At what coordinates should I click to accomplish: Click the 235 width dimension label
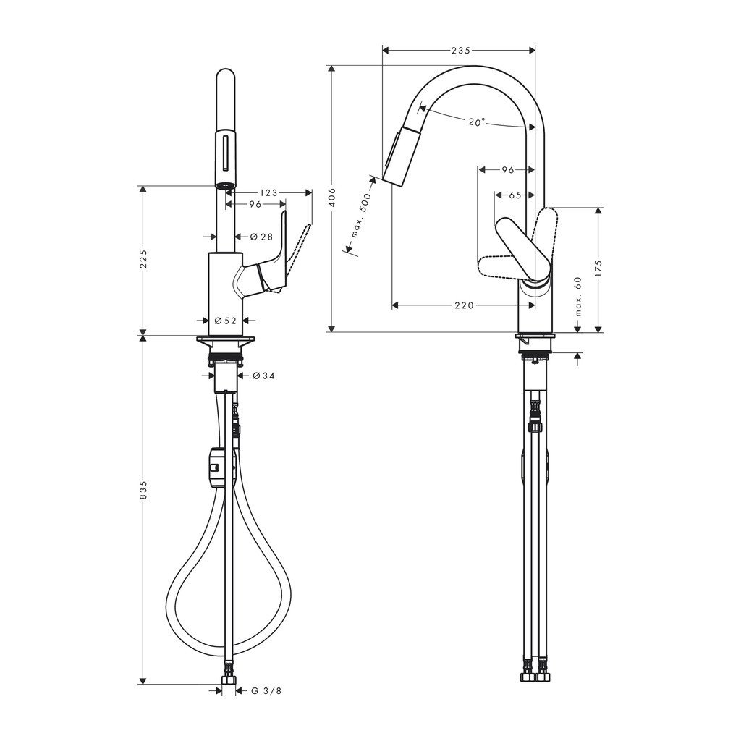(x=461, y=50)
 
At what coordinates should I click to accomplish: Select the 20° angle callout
(x=477, y=122)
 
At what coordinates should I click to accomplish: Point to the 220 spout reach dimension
(x=464, y=306)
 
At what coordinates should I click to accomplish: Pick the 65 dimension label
(x=515, y=195)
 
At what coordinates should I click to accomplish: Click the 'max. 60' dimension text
(x=579, y=296)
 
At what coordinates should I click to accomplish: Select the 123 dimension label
(x=268, y=192)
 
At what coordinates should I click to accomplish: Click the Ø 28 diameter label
(x=261, y=237)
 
